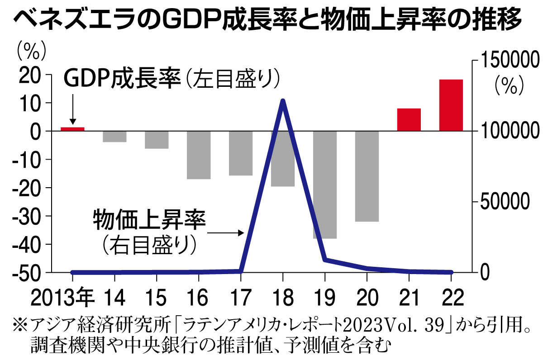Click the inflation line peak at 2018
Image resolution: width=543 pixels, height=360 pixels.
[283, 100]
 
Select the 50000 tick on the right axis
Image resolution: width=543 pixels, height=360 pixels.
[502, 202]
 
